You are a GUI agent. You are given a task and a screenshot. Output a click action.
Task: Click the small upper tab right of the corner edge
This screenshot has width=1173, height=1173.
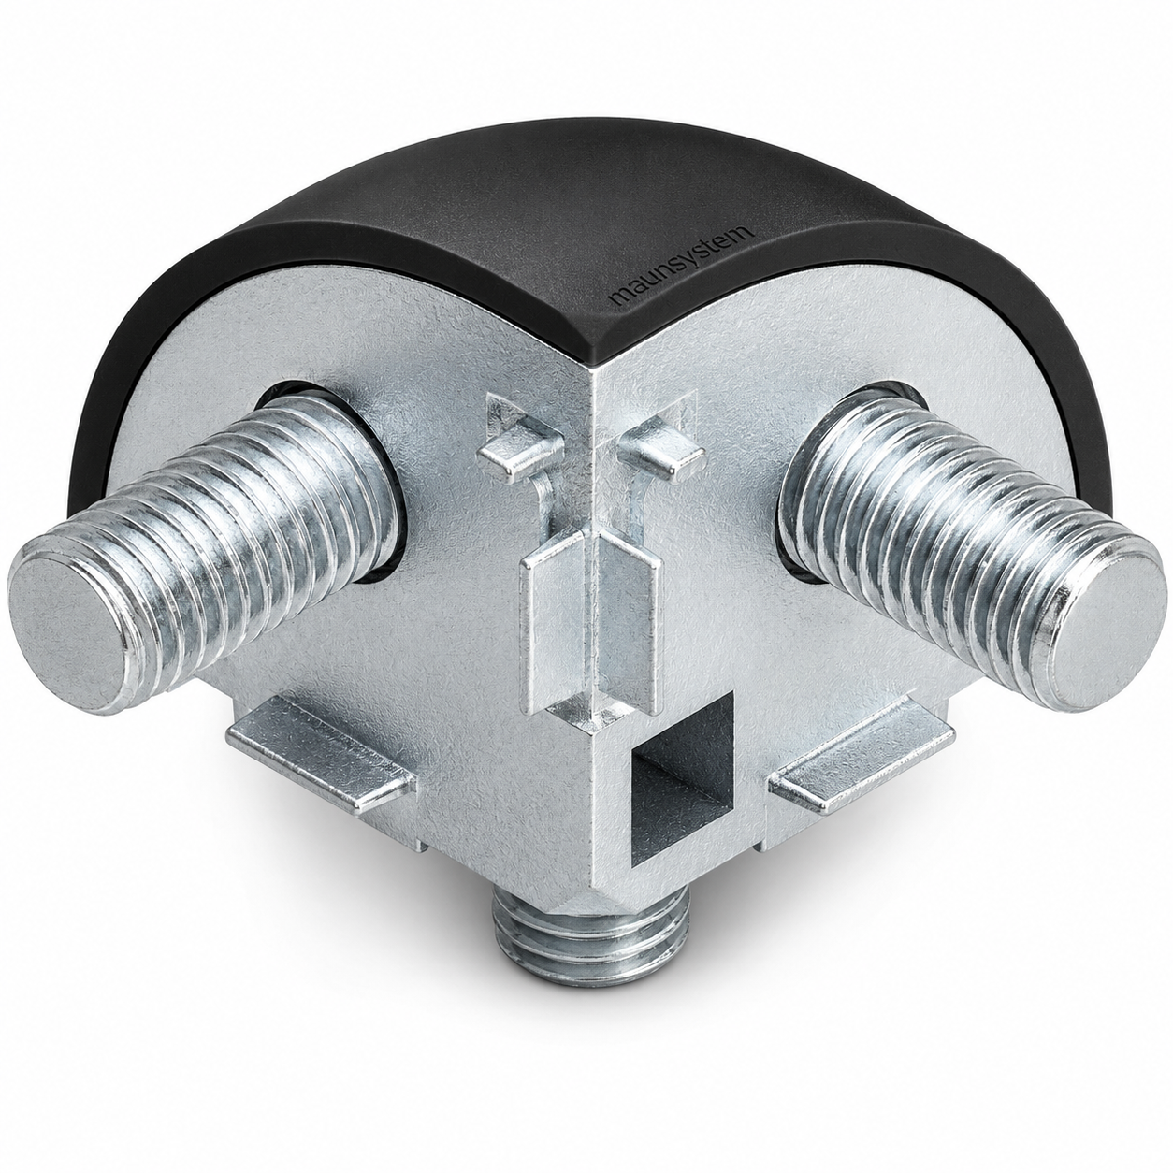(661, 454)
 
